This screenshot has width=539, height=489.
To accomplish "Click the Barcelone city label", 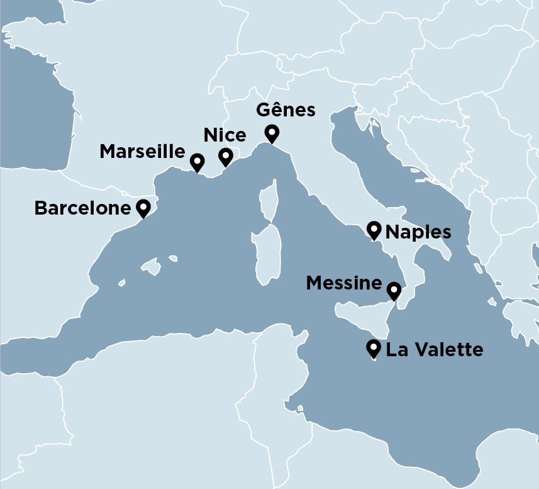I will click(82, 208).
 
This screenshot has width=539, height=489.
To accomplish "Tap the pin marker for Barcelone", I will click(143, 207).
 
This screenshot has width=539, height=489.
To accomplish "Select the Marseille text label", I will click(142, 152).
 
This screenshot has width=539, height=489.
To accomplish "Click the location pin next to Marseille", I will click(197, 161).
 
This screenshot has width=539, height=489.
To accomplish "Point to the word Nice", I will click(225, 135).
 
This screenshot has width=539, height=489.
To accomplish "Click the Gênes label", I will click(285, 110).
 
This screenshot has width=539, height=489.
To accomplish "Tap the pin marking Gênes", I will click(272, 133).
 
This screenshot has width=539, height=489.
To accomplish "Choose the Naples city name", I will click(418, 232).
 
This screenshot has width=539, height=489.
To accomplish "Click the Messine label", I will click(343, 283).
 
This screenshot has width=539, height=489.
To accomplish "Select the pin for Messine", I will click(394, 290).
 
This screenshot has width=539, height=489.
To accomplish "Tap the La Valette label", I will click(435, 350).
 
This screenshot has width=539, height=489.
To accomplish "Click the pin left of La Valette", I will click(374, 347).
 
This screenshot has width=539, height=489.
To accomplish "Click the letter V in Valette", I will click(414, 350).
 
